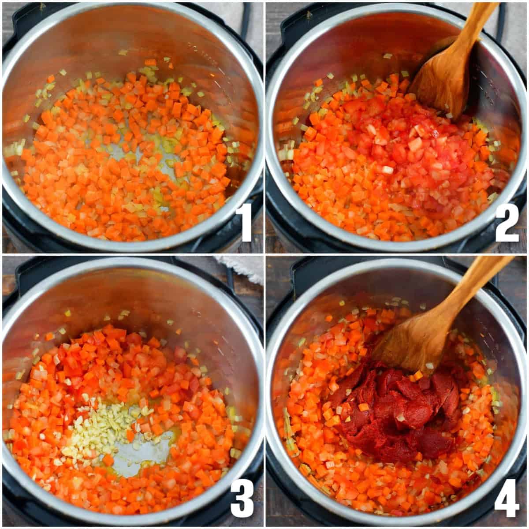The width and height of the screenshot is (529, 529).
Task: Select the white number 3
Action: (x=242, y=498)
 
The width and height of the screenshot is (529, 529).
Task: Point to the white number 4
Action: (x=507, y=498)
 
